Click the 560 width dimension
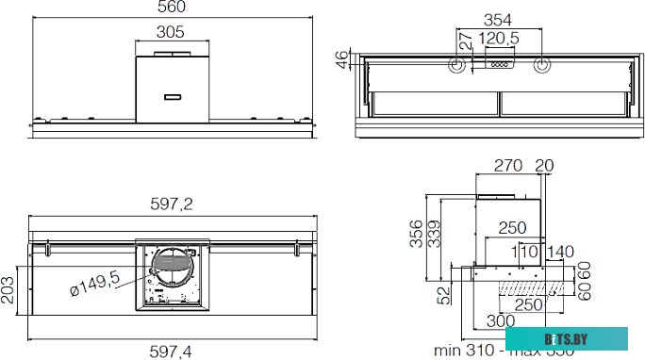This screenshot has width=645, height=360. tap(171, 8)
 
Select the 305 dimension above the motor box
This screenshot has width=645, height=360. tap(171, 31)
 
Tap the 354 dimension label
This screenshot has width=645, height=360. tap(498, 20)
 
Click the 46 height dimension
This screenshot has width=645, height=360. tap(342, 58)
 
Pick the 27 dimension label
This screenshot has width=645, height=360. tap(463, 41)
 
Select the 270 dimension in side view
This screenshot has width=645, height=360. tap(509, 166)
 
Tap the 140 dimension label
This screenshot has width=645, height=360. tap(560, 252)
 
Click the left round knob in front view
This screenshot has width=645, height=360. tap(457, 66)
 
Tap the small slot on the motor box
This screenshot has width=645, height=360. tap(171, 96)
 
